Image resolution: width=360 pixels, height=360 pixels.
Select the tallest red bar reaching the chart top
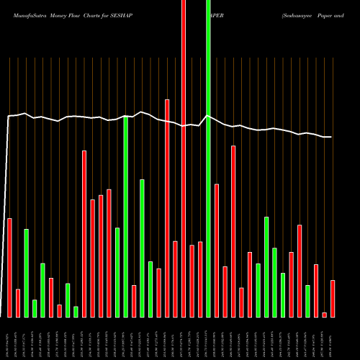(x=184, y=158)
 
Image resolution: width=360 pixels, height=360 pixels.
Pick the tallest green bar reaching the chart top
(x=209, y=158)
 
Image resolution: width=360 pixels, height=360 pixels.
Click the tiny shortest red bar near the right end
(x=325, y=315)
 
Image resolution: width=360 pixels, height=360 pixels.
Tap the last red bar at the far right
(x=333, y=298)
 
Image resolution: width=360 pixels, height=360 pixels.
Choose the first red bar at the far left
(x=9, y=267)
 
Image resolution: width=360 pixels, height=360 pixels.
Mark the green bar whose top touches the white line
(x=126, y=216)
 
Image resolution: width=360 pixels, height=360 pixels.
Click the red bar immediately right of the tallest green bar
(x=217, y=250)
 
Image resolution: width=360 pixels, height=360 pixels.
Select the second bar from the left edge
(x=18, y=302)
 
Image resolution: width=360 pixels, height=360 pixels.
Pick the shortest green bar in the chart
(x=76, y=311)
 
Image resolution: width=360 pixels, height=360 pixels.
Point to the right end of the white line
(x=331, y=137)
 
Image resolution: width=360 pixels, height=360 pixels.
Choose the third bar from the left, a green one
(x=26, y=273)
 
